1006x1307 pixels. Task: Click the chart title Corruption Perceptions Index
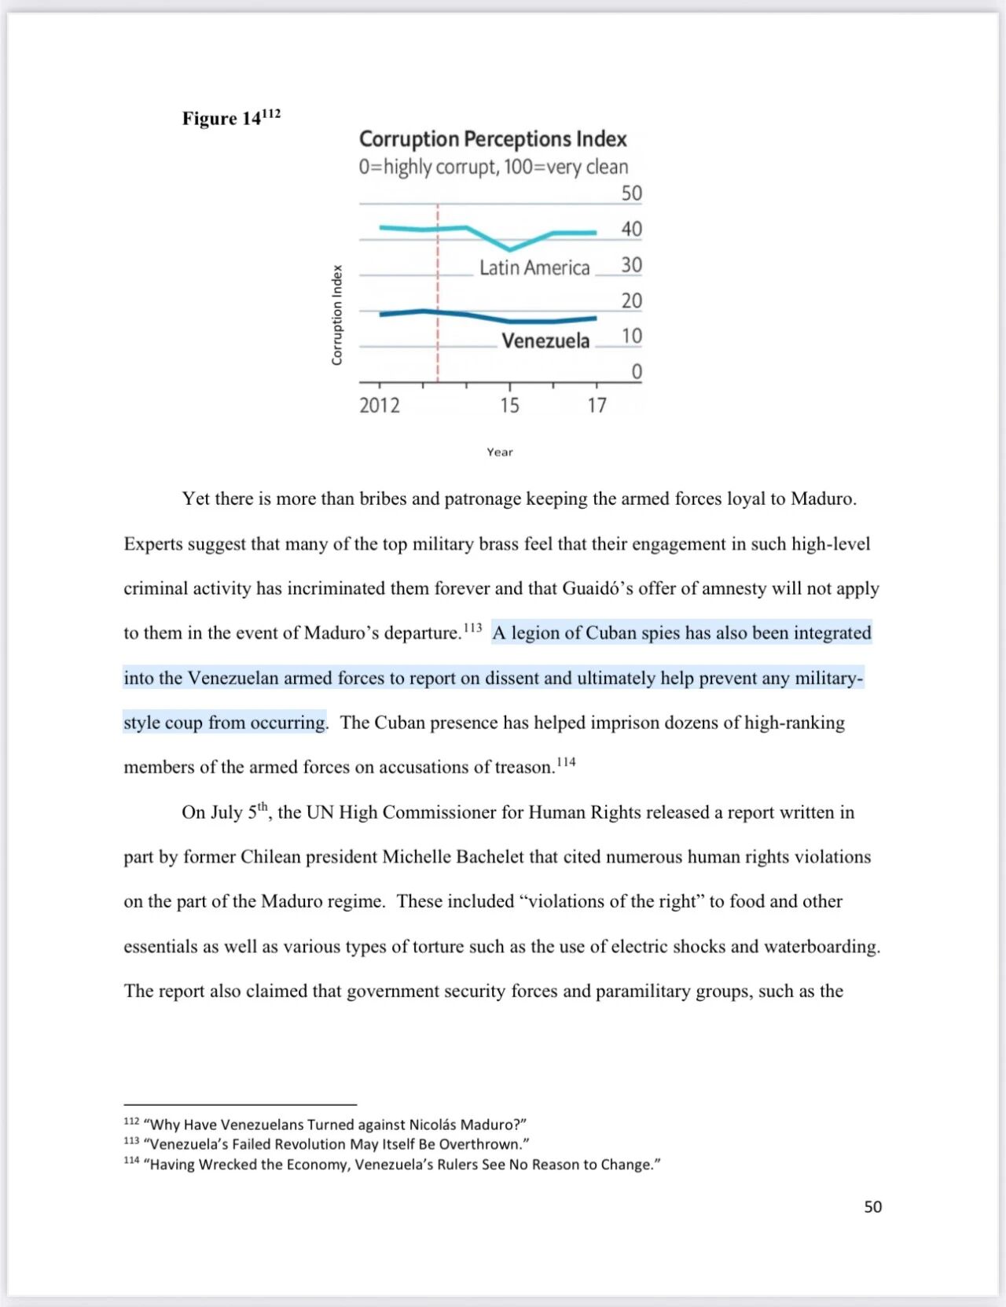(x=493, y=139)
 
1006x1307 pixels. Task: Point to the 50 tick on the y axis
(x=631, y=193)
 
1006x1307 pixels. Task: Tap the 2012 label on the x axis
(x=380, y=406)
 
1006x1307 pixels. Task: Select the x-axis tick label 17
(x=597, y=406)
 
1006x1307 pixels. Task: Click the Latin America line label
(x=534, y=268)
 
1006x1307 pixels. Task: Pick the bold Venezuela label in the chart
(x=545, y=341)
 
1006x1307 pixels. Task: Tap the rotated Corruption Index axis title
(x=337, y=315)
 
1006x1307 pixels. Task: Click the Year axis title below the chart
(x=500, y=452)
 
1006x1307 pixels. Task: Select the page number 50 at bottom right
(x=872, y=1207)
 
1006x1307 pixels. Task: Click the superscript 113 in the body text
(x=472, y=628)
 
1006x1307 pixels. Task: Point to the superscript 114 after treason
(x=566, y=762)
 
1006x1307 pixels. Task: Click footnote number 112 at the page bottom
(x=131, y=1121)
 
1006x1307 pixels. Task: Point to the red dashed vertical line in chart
(x=438, y=291)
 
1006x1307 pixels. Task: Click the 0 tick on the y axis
(x=637, y=372)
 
